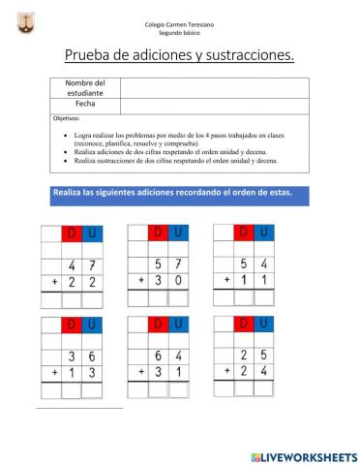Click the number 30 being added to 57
169,281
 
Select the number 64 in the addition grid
169,355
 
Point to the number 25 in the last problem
255,354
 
